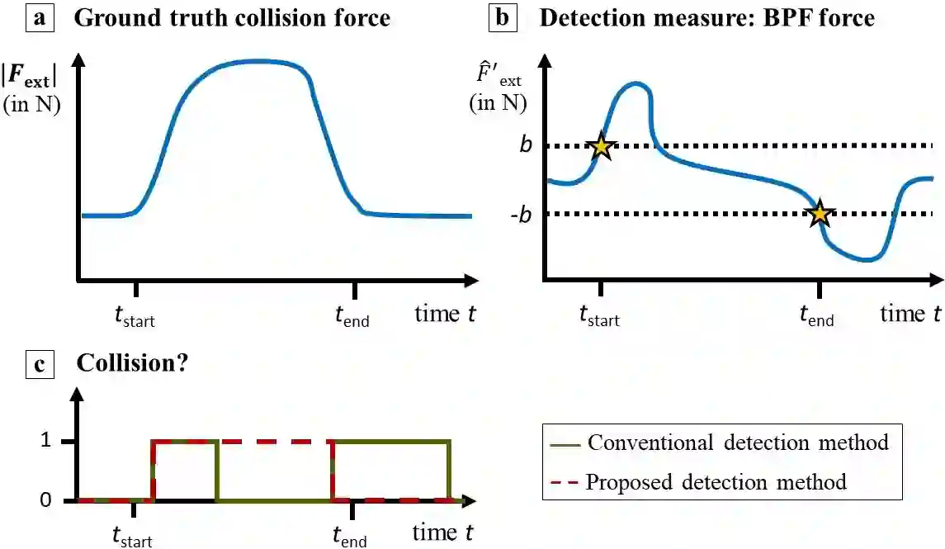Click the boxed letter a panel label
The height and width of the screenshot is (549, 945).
click(40, 17)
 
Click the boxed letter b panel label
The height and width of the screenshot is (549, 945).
click(502, 17)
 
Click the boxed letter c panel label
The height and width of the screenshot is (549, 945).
click(40, 363)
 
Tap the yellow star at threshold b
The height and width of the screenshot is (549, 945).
click(602, 147)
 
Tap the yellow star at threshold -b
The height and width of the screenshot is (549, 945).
click(820, 214)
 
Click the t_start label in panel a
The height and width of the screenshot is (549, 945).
click(135, 316)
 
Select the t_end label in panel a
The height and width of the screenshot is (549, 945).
click(352, 315)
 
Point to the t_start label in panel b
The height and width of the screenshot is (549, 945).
click(599, 316)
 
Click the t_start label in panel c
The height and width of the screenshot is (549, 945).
click(133, 537)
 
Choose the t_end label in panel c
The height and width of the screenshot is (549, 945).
click(349, 537)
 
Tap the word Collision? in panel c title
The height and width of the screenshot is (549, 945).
click(132, 363)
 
